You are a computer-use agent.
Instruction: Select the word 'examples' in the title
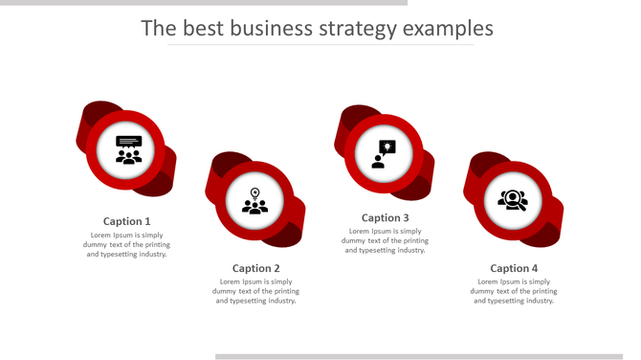(x=448, y=29)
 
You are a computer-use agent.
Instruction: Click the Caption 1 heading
(x=127, y=221)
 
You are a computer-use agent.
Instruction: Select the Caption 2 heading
(x=256, y=268)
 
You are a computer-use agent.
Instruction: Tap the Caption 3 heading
(x=385, y=217)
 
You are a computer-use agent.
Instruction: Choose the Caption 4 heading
(x=514, y=268)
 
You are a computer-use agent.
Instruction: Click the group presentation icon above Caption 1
(x=128, y=149)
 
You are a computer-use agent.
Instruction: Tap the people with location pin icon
(x=254, y=201)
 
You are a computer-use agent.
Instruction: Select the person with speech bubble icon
(x=384, y=154)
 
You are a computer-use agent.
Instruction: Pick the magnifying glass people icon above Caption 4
(x=513, y=200)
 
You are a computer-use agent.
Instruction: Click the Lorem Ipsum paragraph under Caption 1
(x=127, y=244)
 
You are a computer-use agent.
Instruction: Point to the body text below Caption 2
(x=256, y=291)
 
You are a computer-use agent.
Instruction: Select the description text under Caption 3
(x=385, y=240)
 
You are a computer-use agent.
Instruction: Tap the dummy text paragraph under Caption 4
(x=514, y=291)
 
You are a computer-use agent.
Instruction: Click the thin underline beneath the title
(x=320, y=45)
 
